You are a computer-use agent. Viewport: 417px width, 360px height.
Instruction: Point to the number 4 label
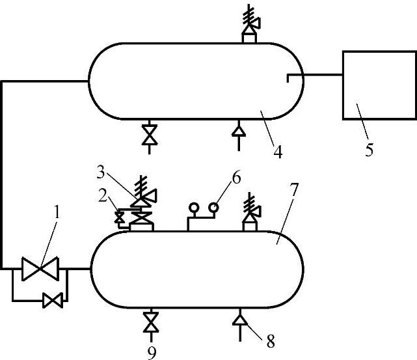pyautogui.click(x=277, y=154)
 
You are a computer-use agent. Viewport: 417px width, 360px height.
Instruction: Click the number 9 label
pyautogui.click(x=151, y=352)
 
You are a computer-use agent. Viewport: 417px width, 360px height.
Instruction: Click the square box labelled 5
pyautogui.click(x=379, y=85)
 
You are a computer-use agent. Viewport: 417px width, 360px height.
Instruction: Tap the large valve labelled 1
pyautogui.click(x=40, y=268)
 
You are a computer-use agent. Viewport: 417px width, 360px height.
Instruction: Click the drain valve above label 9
pyautogui.click(x=151, y=322)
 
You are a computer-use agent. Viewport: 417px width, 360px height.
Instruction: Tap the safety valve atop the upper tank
pyautogui.click(x=249, y=25)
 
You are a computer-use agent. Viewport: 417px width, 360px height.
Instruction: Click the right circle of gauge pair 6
pyautogui.click(x=213, y=208)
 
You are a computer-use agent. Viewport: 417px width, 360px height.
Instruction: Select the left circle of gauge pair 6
pyautogui.click(x=193, y=208)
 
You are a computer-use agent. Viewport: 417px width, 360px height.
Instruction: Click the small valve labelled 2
pyautogui.click(x=119, y=217)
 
